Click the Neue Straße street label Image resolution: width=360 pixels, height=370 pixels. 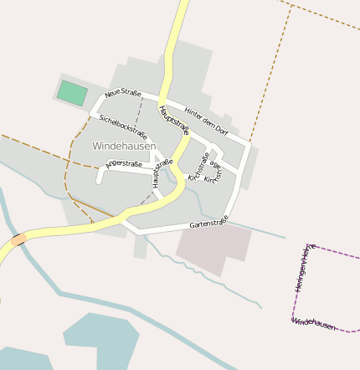(x=123, y=92)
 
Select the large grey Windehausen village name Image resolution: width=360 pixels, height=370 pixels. (x=123, y=146)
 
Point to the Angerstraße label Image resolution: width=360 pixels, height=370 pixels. (x=124, y=165)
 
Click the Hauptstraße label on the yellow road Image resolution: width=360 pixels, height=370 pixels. (x=174, y=123)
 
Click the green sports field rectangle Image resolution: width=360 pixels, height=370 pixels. (x=72, y=93)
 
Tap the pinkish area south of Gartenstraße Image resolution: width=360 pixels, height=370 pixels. (x=214, y=249)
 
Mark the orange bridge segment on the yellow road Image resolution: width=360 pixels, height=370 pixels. (x=18, y=239)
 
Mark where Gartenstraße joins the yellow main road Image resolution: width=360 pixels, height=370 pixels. (x=126, y=219)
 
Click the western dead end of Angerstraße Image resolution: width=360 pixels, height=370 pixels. (x=100, y=180)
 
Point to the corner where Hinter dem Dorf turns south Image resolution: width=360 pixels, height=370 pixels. (x=247, y=144)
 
